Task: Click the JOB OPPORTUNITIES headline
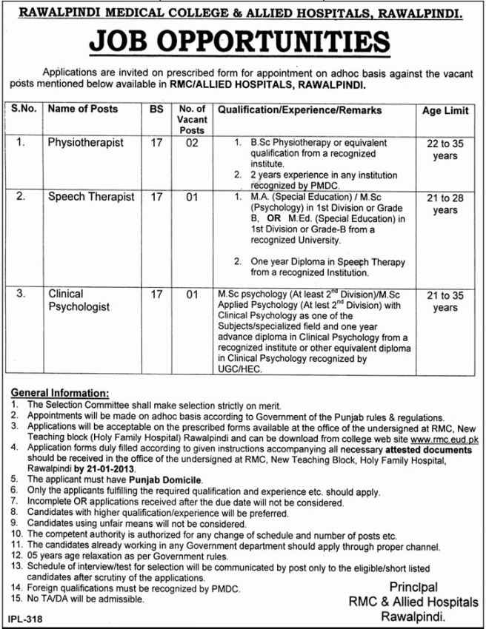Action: [x=243, y=41]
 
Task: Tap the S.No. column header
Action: [x=26, y=110]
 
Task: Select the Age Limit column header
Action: [x=445, y=111]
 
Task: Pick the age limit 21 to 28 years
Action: [x=445, y=204]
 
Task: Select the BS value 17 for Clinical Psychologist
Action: [x=156, y=295]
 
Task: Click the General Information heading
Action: [x=61, y=392]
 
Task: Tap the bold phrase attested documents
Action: [x=428, y=448]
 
